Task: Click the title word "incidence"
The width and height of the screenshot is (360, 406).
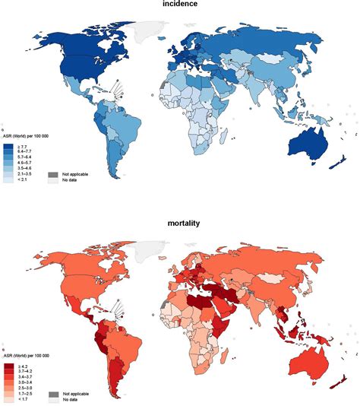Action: [x=180, y=5]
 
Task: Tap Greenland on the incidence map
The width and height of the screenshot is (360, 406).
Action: [x=144, y=31]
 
